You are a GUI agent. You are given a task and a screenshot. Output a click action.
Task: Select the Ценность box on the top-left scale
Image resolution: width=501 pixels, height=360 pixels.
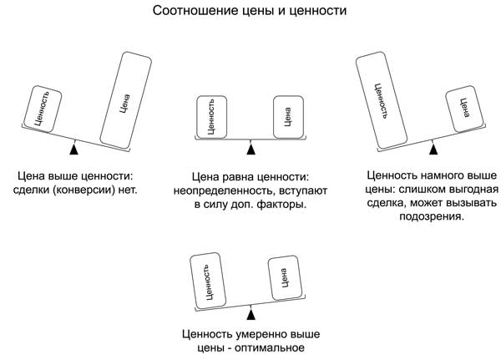coord(41,108)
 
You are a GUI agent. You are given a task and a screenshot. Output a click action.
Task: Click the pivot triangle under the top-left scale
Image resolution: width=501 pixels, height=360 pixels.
coord(74,149)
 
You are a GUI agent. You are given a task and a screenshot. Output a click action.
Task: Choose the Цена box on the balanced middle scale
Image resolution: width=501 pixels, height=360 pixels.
coord(287,117)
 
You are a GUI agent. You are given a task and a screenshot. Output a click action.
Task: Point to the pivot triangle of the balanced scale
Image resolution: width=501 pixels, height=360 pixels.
coord(250,149)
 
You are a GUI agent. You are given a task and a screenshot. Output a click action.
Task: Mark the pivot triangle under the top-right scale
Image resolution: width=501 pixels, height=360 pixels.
coord(432,149)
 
